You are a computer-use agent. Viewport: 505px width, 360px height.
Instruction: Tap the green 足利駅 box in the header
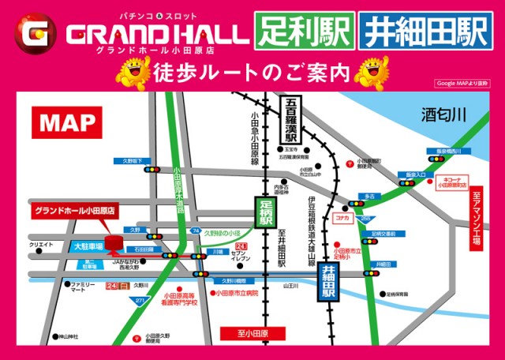point(303,32)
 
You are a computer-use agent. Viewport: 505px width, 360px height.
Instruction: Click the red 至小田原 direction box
point(253,333)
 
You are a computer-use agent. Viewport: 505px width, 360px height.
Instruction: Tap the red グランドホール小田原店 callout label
point(74,212)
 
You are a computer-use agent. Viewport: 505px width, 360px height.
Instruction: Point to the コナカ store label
point(342,216)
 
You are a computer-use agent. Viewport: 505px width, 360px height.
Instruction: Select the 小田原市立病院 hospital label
point(235,292)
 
